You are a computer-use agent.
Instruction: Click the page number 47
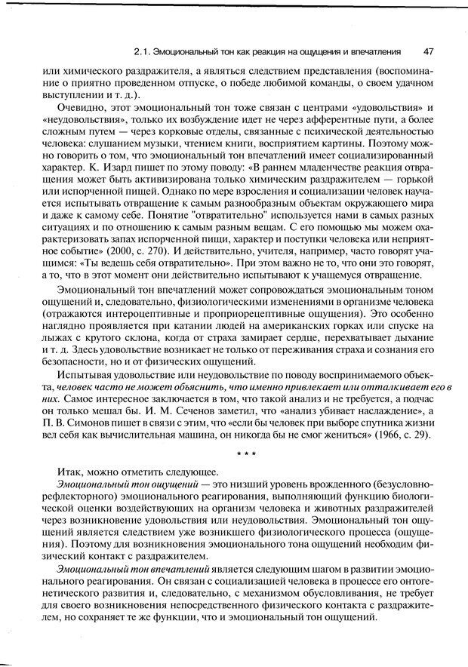(x=428, y=52)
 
